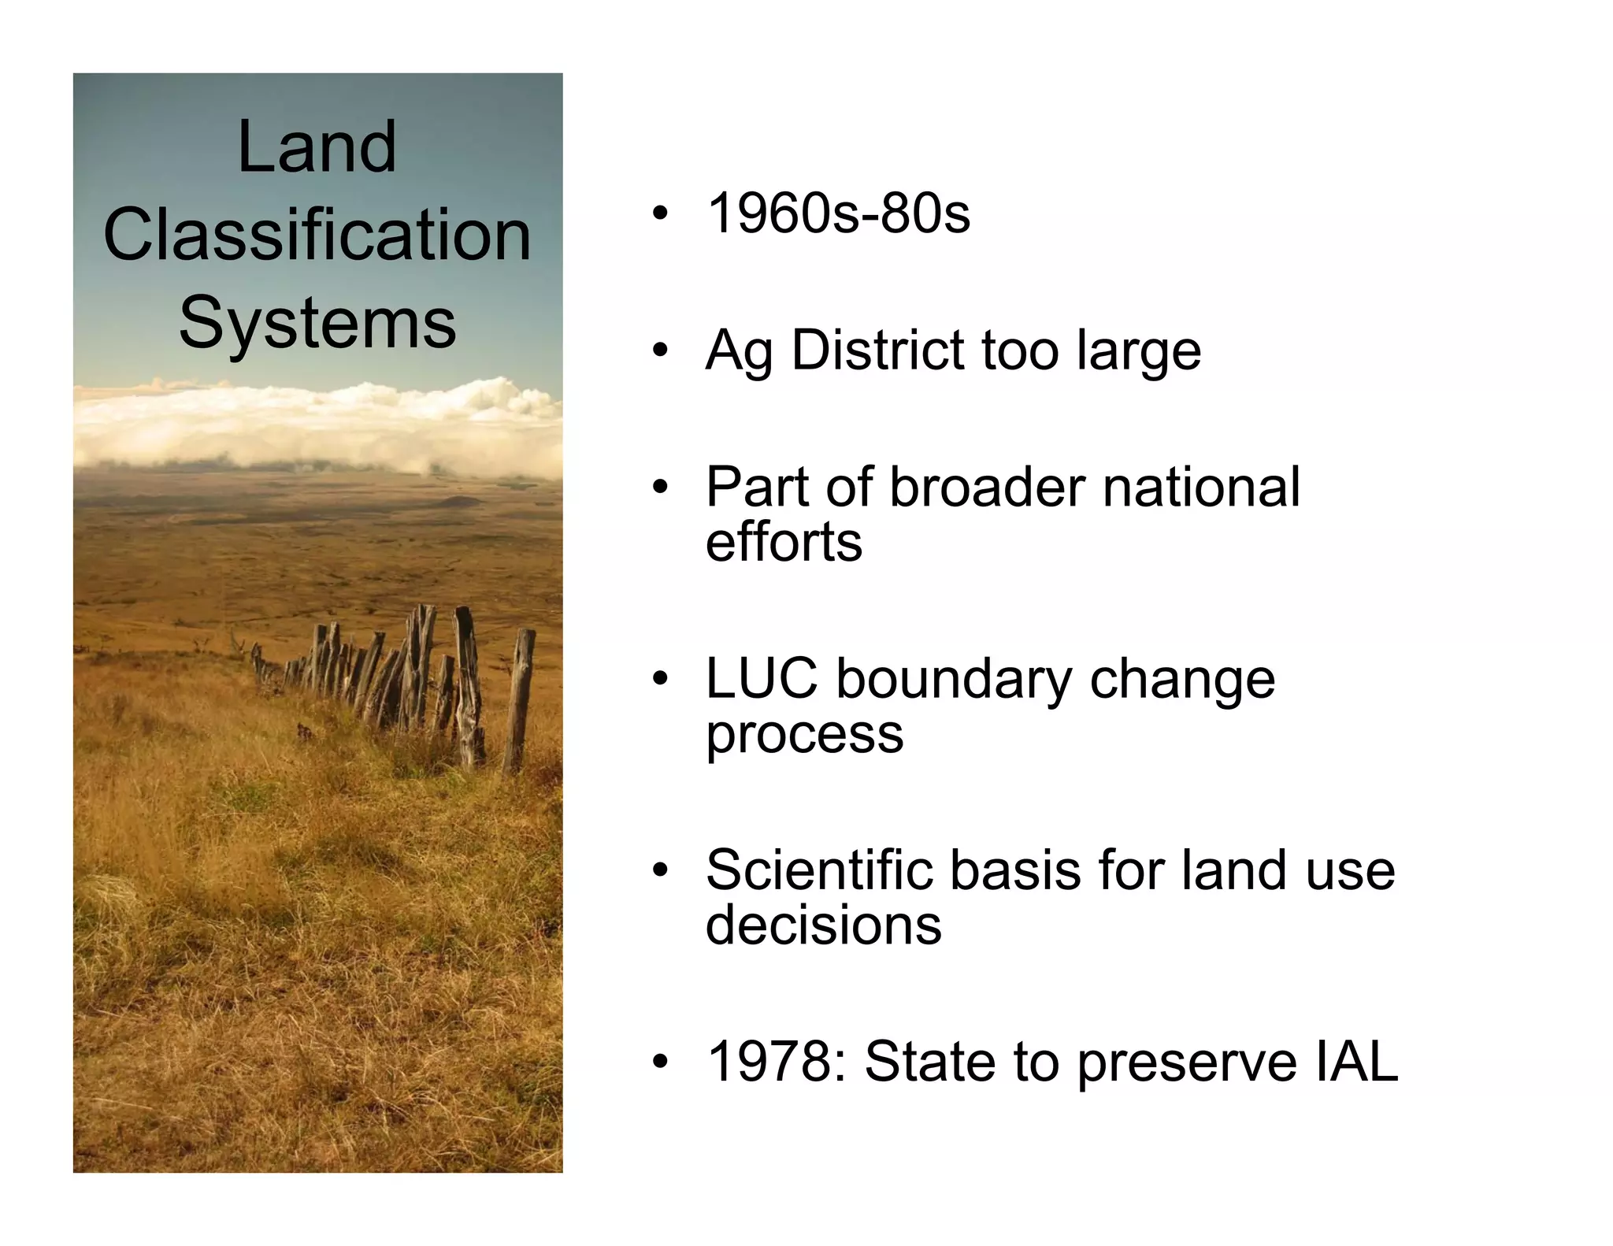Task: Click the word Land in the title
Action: coord(317,147)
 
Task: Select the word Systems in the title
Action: coord(317,322)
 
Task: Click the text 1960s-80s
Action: coord(838,213)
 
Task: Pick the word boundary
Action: coord(954,680)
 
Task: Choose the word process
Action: coord(804,736)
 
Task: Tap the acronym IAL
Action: coord(1355,1061)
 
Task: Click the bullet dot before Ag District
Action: coord(659,350)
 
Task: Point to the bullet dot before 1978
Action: coord(659,1061)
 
